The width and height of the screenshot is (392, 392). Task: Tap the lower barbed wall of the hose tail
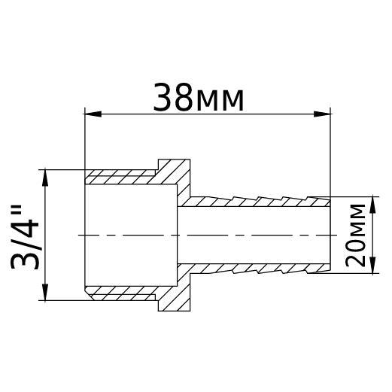point(256,268)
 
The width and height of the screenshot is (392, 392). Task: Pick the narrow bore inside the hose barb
point(256,235)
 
